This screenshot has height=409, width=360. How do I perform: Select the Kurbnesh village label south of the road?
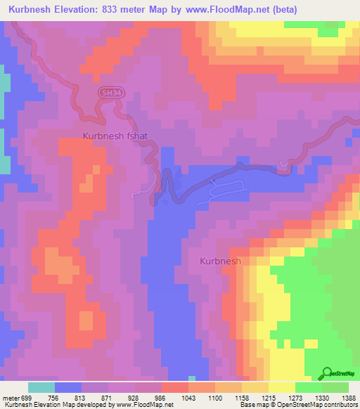[220, 261]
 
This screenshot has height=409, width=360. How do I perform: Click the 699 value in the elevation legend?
[27, 397]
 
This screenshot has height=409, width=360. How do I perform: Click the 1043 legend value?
[188, 397]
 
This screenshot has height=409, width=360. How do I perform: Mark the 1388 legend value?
[348, 397]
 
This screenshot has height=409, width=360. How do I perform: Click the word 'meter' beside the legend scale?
[10, 397]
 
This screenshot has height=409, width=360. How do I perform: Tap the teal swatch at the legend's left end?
[41, 387]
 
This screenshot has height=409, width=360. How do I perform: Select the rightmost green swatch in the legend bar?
[335, 387]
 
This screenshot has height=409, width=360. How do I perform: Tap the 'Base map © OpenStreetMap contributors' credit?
[298, 405]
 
